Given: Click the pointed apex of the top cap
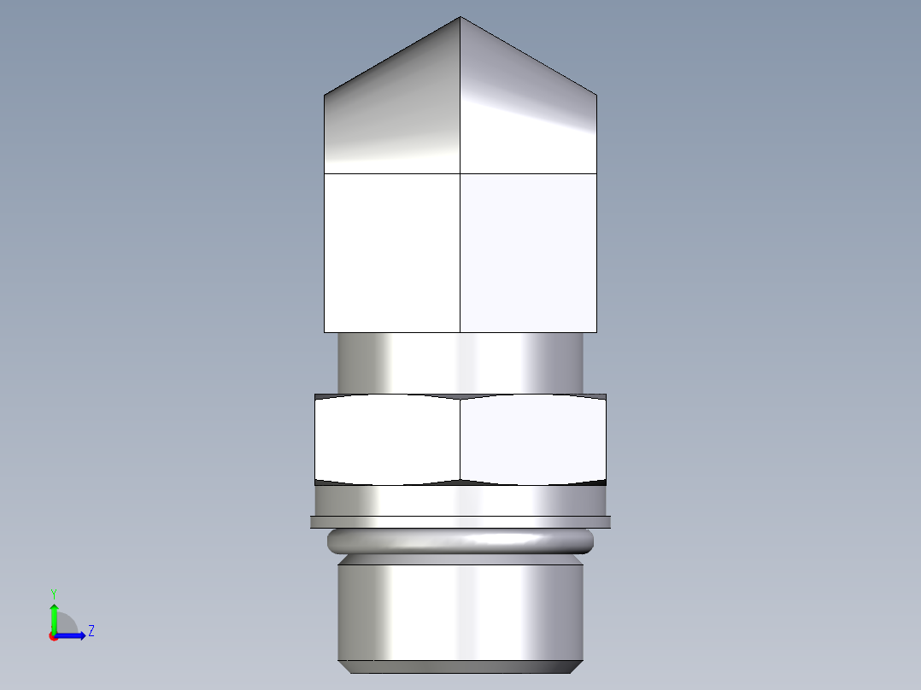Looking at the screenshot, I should tap(460, 19).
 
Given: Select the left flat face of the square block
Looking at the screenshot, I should tap(392, 252).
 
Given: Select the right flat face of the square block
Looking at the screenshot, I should tap(528, 252).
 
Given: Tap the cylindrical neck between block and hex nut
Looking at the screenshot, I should tap(460, 363).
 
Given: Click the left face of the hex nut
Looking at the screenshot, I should tap(387, 440).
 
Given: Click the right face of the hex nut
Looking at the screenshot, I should tap(533, 440).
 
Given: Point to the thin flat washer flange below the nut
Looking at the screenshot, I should tap(460, 522).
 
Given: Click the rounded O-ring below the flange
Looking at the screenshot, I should tap(460, 540).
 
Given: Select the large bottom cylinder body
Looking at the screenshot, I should tap(460, 611).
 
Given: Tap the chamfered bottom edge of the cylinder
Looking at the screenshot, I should tap(460, 666).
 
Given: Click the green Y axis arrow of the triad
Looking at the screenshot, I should tap(54, 613).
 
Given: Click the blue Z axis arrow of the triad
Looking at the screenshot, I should tap(75, 635).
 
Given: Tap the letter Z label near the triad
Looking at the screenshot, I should tap(91, 631).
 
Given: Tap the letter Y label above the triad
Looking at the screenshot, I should tap(53, 593).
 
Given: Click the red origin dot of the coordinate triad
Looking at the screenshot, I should tap(53, 636).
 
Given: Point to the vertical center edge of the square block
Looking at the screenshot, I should tap(460, 252).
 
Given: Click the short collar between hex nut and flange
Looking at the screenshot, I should tap(460, 500).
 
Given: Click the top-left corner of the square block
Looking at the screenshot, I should tap(325, 174).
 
